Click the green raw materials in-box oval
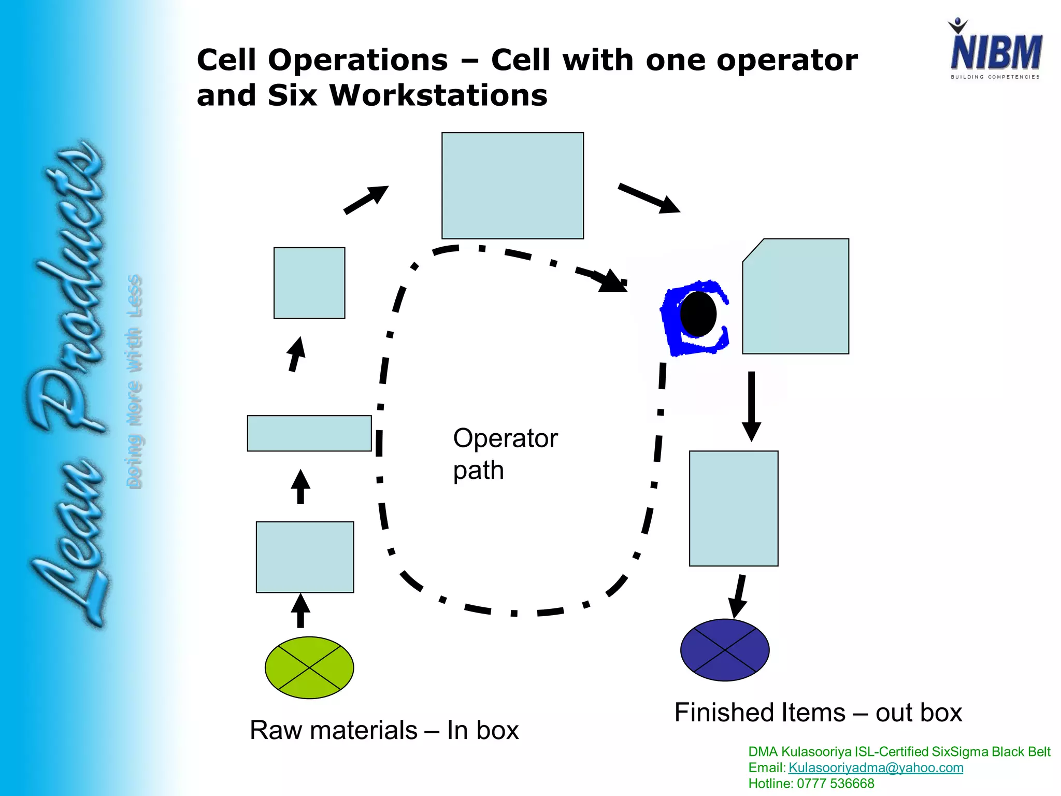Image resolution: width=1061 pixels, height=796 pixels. (309, 667)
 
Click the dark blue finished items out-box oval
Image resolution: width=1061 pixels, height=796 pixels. (725, 650)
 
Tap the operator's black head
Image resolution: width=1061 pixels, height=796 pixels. (698, 314)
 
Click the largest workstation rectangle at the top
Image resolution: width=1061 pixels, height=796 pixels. (512, 186)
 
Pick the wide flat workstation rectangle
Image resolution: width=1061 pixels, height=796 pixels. (309, 433)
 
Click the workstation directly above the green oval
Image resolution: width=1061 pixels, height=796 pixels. (305, 557)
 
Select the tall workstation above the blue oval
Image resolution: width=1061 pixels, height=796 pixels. (734, 508)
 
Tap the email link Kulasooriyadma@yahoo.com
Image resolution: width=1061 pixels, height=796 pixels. (876, 767)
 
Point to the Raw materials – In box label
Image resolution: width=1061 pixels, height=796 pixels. (384, 730)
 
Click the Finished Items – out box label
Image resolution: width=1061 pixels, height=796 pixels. (818, 712)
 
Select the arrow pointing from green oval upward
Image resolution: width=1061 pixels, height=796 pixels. (300, 610)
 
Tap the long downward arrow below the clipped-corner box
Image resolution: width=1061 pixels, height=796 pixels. (751, 406)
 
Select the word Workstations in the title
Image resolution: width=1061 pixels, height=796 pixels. (438, 95)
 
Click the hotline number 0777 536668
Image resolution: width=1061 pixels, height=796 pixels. (835, 784)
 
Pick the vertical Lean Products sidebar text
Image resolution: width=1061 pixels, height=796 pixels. (67, 383)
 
